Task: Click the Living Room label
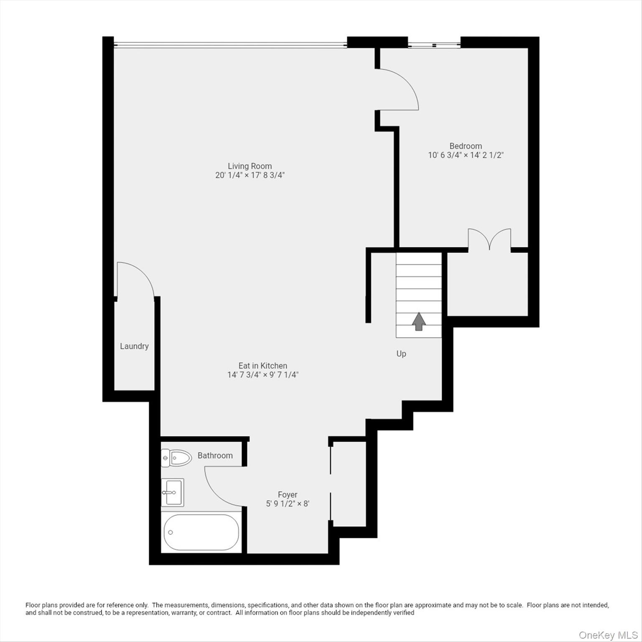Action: [250, 166]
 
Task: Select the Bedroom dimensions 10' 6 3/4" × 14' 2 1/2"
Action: [466, 155]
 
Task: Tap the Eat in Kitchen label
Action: [262, 366]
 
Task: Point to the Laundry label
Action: [134, 346]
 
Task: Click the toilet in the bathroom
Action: [176, 458]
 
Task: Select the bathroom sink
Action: [172, 492]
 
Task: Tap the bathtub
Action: [201, 532]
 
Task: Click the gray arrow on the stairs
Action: [419, 321]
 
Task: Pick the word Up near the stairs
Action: [401, 354]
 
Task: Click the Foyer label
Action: [288, 494]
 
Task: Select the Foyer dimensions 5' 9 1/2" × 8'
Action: [288, 504]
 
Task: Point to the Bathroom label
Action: [215, 456]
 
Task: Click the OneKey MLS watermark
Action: [608, 635]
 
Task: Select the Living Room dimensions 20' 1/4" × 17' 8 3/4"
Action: [250, 175]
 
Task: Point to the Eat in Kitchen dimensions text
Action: [262, 375]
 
